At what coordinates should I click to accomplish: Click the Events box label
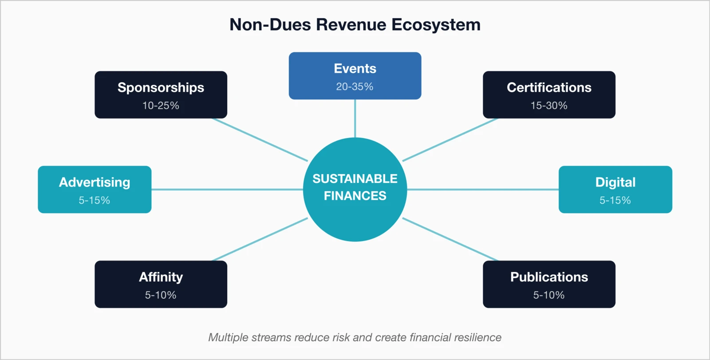pos(355,69)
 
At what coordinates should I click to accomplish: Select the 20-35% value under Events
pos(355,87)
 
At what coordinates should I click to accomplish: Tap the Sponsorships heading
pos(161,87)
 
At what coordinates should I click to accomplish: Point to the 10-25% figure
pos(161,106)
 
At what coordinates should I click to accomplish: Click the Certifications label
pos(549,87)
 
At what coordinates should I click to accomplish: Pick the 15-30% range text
pos(549,106)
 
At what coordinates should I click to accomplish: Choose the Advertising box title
pos(95,182)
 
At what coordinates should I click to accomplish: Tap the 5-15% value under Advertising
pos(95,200)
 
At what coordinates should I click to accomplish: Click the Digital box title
pos(615,182)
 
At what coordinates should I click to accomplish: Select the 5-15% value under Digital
pos(615,200)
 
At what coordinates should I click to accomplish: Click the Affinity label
pos(161,277)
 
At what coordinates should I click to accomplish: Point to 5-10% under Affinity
pos(161,295)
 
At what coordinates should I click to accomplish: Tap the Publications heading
pos(549,277)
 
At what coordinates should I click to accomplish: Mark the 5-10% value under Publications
pos(549,295)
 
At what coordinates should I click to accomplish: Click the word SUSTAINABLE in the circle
pos(355,178)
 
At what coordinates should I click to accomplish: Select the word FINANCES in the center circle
pos(355,196)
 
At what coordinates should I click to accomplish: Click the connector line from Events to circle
pos(355,119)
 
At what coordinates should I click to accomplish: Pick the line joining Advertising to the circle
pos(226,190)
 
